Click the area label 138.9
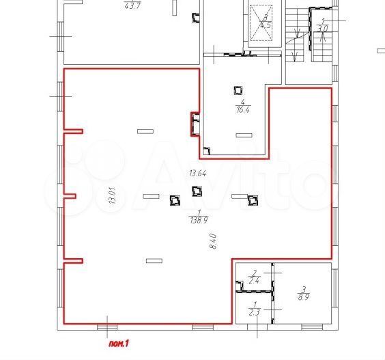point(198,219)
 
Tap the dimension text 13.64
point(198,173)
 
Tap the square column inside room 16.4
point(238,89)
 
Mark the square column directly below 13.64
point(197,191)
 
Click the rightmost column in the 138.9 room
point(253,200)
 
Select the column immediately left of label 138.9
point(175,200)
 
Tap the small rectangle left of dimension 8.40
point(154,260)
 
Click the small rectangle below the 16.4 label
point(242,135)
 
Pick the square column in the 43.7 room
point(196,18)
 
